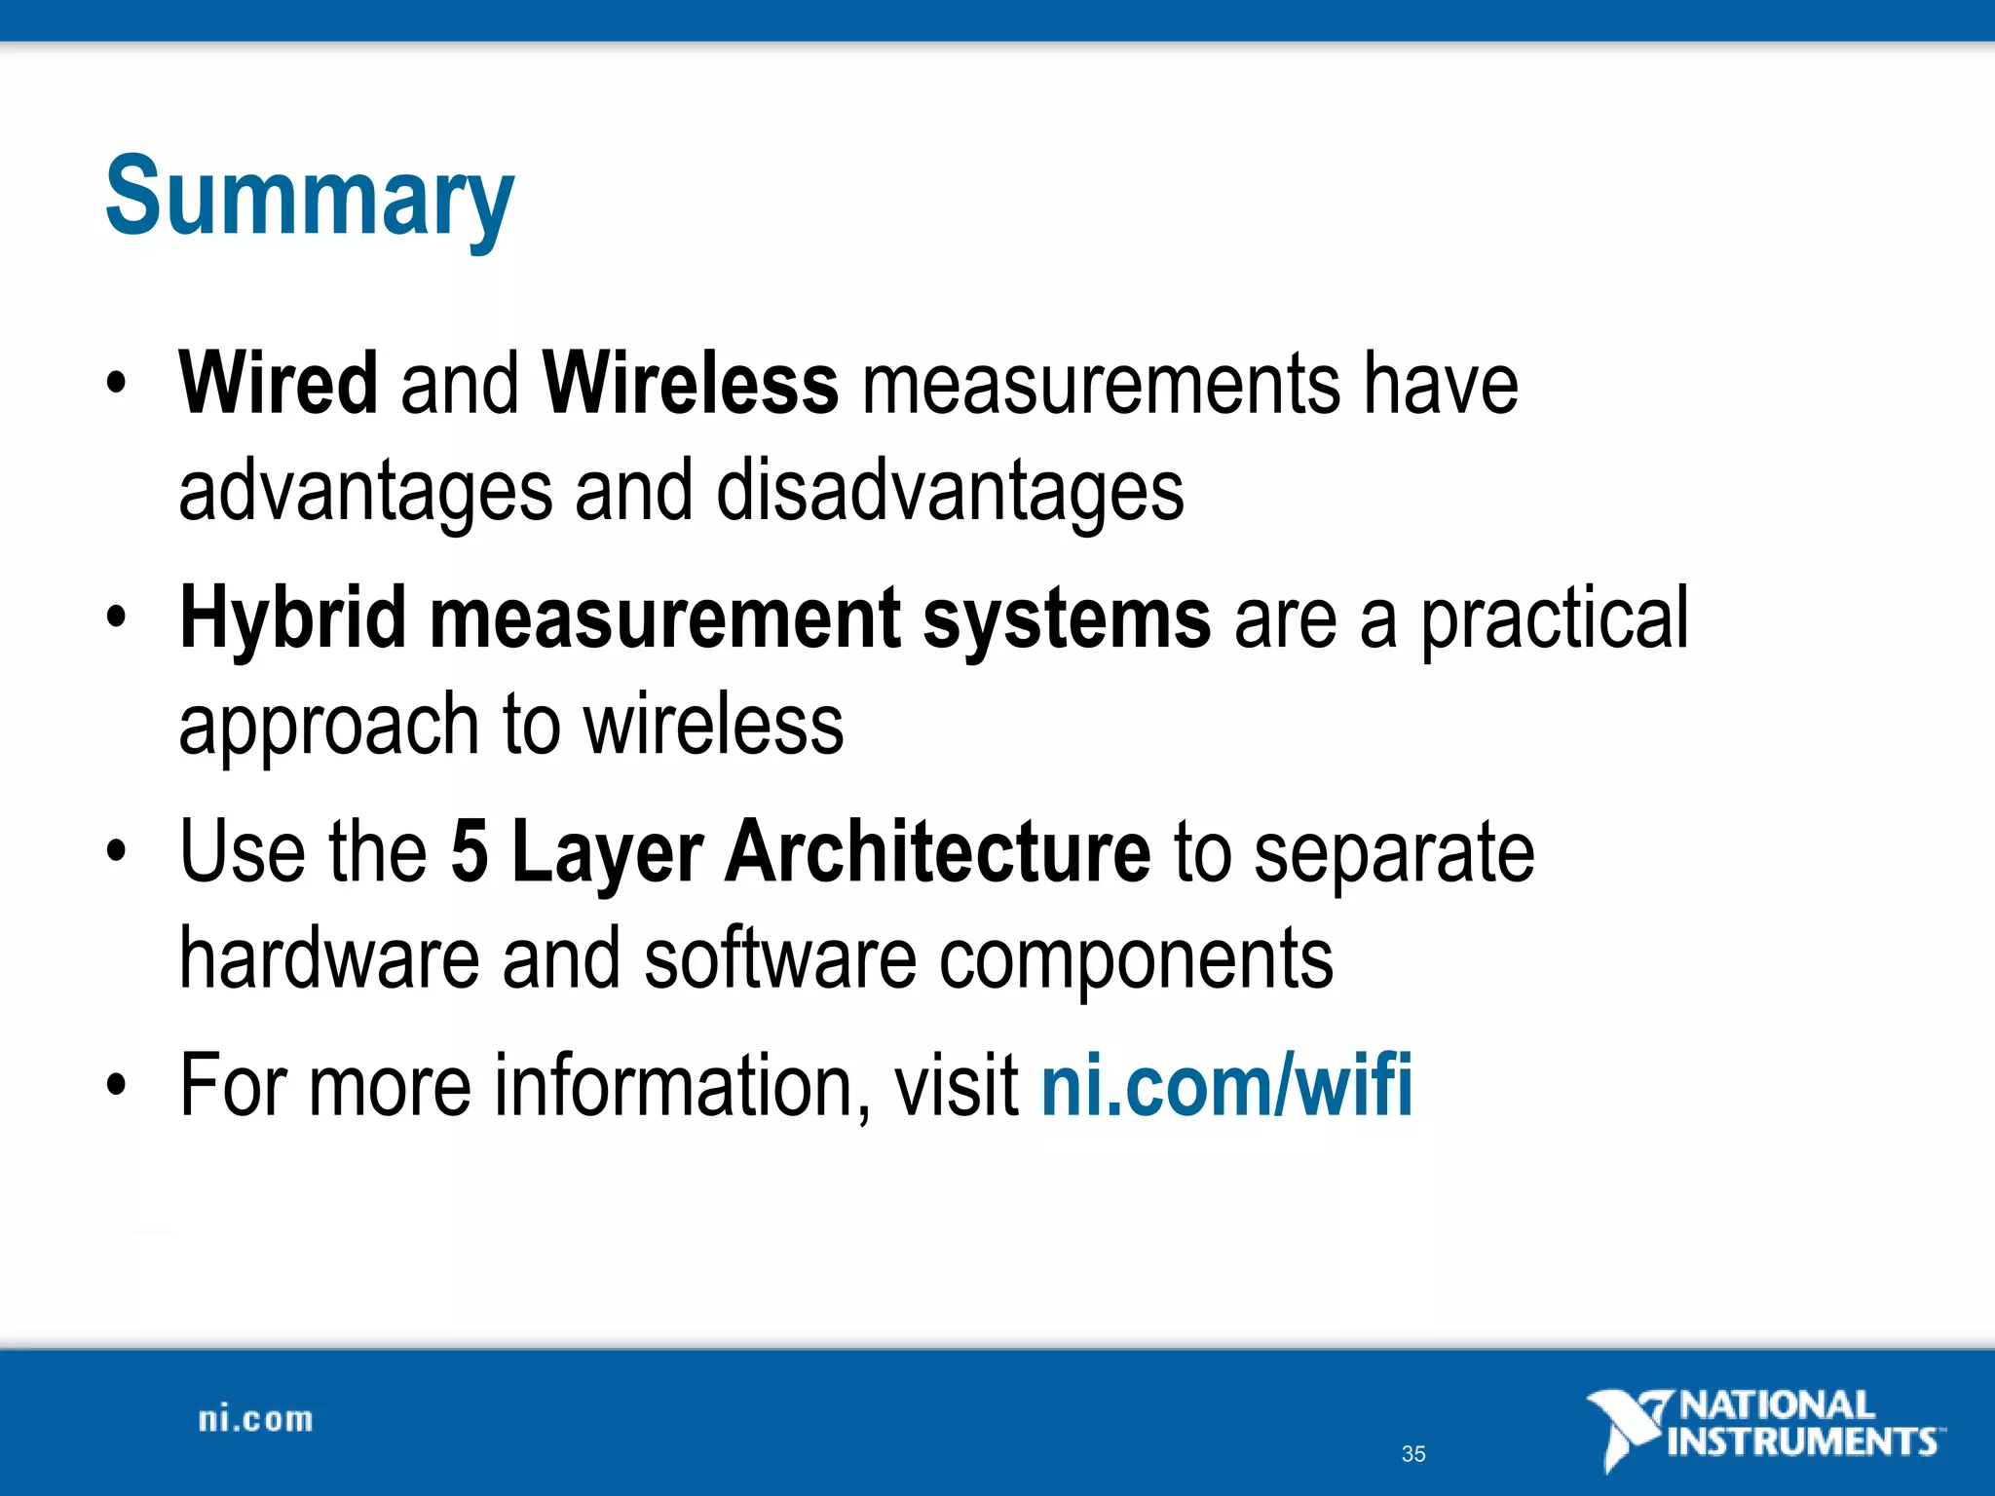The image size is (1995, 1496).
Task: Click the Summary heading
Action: (x=309, y=198)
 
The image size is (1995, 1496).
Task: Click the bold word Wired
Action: (x=279, y=384)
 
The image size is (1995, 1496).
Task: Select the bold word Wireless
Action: (x=690, y=384)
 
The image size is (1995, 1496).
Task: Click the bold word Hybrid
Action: (x=293, y=619)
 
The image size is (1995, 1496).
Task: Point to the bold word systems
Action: (x=1067, y=619)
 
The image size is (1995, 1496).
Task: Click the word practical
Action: (x=1555, y=619)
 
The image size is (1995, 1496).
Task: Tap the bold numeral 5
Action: (x=469, y=851)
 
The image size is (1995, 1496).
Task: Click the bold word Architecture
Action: (x=937, y=851)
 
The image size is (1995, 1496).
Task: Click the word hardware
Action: (x=329, y=959)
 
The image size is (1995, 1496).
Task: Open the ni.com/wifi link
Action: (x=1226, y=1085)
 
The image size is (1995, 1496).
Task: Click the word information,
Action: (x=683, y=1085)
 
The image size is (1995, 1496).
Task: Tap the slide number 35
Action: (x=1413, y=1454)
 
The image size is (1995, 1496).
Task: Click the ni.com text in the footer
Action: (x=255, y=1420)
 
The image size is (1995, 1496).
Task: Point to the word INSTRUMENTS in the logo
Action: (x=1802, y=1441)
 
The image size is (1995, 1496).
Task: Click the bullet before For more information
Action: (x=117, y=1085)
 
